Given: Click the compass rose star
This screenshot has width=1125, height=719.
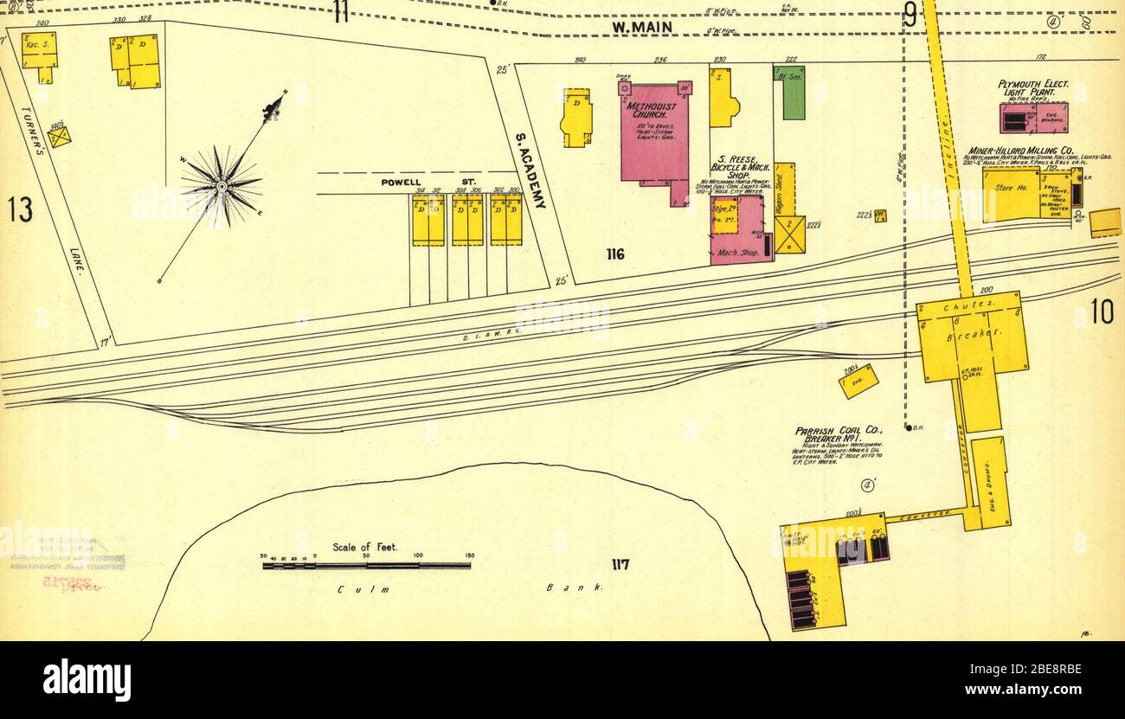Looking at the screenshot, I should pyautogui.click(x=221, y=184).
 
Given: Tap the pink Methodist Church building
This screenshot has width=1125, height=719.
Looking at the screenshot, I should pyautogui.click(x=656, y=138).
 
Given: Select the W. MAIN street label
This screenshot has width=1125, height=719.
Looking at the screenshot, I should pyautogui.click(x=641, y=27).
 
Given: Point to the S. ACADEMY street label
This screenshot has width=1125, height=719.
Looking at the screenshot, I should pyautogui.click(x=530, y=170).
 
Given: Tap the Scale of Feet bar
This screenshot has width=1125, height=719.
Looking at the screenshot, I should pyautogui.click(x=366, y=566).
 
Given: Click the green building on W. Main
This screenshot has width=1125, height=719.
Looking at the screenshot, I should pyautogui.click(x=788, y=93).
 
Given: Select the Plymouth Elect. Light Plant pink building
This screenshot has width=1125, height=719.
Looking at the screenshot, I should pyautogui.click(x=1032, y=118).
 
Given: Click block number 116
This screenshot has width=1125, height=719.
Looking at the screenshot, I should pyautogui.click(x=615, y=254).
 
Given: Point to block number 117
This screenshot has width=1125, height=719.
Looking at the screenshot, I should pyautogui.click(x=620, y=565).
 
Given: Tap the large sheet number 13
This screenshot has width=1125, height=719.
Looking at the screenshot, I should pyautogui.click(x=21, y=209).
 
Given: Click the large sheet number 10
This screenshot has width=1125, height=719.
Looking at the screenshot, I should pyautogui.click(x=1102, y=311).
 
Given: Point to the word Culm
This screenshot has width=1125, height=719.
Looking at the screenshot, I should pyautogui.click(x=355, y=589).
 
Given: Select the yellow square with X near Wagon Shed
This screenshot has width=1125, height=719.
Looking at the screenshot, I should pyautogui.click(x=789, y=234).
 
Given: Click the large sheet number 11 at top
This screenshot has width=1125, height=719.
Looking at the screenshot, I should pyautogui.click(x=341, y=11).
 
